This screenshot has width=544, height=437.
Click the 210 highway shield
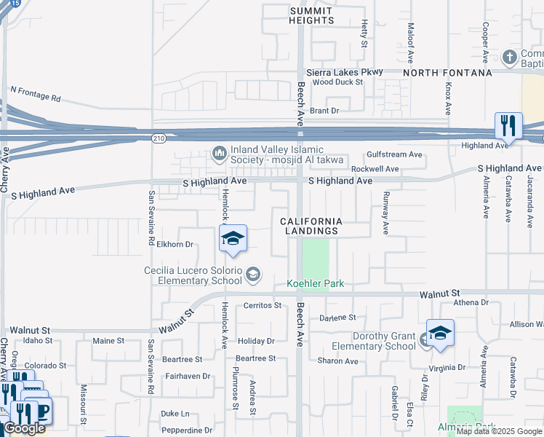tap(157, 137)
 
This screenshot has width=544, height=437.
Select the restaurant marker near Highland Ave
tap(508, 125)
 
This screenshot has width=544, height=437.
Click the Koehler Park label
tap(315, 283)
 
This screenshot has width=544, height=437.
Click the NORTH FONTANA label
tap(447, 73)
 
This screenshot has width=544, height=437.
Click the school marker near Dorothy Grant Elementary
tap(439, 332)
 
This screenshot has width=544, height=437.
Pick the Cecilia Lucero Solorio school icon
tap(252, 275)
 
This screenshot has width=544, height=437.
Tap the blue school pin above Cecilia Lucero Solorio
tap(233, 238)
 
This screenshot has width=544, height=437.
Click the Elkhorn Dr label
tap(175, 245)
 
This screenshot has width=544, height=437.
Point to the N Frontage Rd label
tap(45, 93)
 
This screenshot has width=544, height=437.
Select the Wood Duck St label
tap(337, 83)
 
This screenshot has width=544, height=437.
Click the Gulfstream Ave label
tap(394, 154)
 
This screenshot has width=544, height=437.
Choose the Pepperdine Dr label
tap(186, 430)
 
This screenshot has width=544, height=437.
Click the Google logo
tap(24, 429)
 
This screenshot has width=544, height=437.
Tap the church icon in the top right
tap(510, 57)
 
